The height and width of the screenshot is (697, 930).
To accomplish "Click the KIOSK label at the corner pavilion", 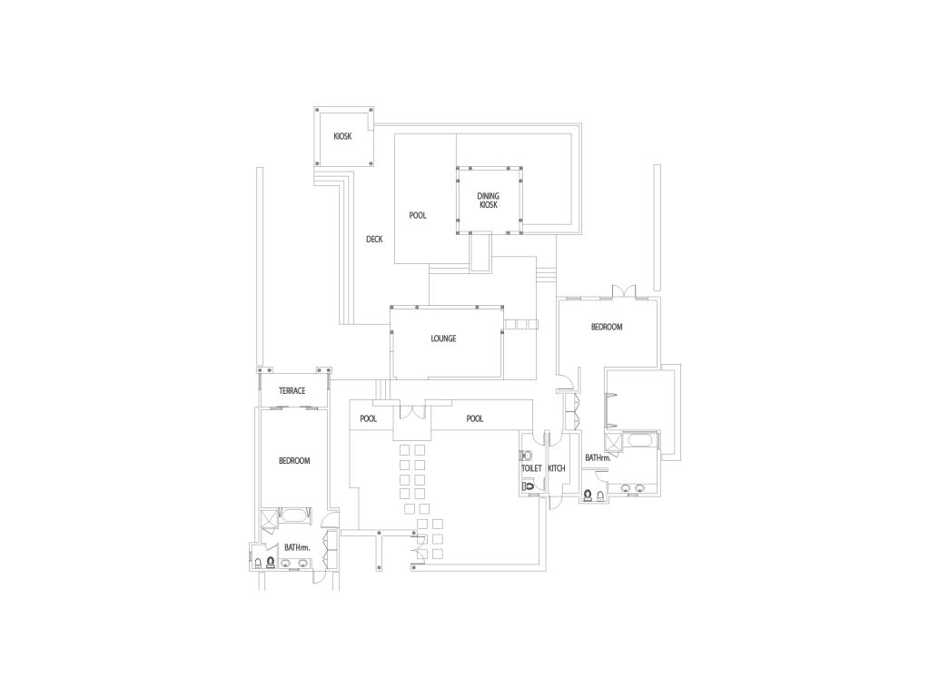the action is [342, 136].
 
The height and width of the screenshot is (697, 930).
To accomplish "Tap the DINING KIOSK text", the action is [488, 201].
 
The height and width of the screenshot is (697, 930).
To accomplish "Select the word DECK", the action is [374, 240].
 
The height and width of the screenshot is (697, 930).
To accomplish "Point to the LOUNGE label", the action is [443, 339].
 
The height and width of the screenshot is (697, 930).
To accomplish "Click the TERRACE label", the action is [292, 391].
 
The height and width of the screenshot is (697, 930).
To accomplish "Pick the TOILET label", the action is [531, 468].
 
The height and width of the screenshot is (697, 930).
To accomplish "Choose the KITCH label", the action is [557, 468].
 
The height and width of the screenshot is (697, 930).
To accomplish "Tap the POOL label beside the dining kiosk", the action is [418, 216].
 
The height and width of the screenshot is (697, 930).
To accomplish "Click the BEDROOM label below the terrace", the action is [294, 461].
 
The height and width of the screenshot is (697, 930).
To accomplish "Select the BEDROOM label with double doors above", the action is [607, 327].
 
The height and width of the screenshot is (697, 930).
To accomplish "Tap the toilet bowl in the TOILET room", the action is [528, 486].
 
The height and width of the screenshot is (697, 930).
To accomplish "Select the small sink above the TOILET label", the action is [525, 456].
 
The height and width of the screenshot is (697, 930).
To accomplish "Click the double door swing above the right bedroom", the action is [624, 291].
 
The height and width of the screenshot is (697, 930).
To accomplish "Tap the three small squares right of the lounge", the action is [521, 324].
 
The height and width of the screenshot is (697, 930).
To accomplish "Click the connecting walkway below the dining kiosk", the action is [480, 252].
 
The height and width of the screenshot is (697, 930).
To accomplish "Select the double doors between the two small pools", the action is [412, 412].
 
